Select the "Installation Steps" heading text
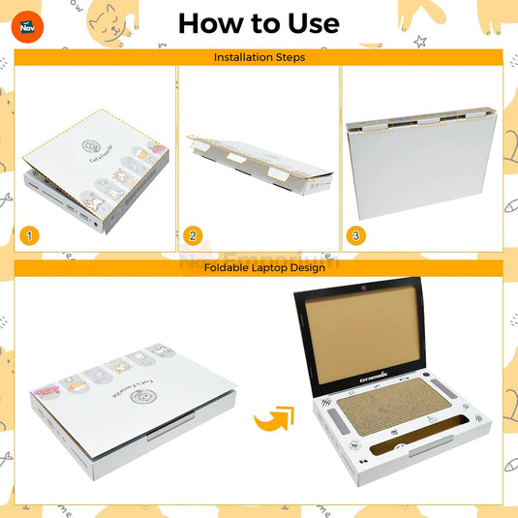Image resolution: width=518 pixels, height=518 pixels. tap(259, 57)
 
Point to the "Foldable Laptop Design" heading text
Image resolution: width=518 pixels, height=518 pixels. tap(259, 267)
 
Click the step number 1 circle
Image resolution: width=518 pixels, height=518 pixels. tap(32, 235)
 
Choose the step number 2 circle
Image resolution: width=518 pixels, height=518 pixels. tap(193, 235)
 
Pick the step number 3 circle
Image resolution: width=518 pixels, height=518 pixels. tap(356, 235)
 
